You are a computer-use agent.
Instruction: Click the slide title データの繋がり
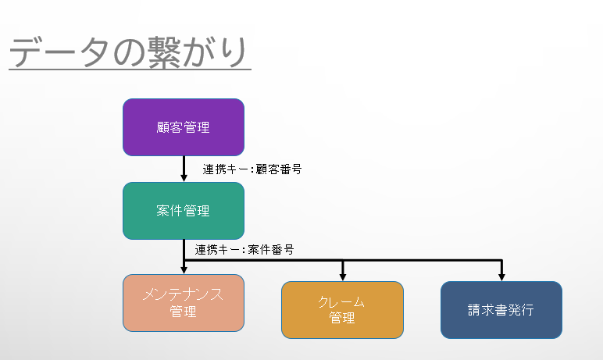128,52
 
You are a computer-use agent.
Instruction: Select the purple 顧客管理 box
184,127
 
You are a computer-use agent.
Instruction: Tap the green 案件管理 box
184,211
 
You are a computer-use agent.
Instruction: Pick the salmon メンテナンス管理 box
184,303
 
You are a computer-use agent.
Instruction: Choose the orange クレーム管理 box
342,310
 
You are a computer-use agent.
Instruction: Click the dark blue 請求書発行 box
501,310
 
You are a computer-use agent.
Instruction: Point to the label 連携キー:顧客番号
252,169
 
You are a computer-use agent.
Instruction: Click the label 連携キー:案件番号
244,250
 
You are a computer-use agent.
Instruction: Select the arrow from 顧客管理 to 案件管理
184,169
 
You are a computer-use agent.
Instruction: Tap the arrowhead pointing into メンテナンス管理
184,269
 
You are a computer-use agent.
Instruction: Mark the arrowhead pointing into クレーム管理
343,276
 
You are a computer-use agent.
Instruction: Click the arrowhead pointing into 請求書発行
501,276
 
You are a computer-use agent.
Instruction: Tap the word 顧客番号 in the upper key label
279,169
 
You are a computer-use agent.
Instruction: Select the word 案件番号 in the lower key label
271,250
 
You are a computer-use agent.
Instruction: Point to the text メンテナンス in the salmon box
183,294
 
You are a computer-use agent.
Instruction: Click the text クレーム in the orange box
341,301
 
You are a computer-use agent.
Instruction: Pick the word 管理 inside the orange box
342,318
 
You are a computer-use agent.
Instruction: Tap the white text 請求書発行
501,310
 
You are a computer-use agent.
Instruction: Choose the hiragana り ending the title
235,52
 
